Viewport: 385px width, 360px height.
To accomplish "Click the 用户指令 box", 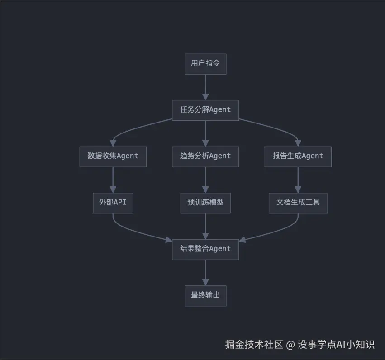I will click(205, 64).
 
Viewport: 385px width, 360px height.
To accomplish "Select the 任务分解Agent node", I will click(205, 110).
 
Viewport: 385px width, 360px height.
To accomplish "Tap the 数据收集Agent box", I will click(113, 156).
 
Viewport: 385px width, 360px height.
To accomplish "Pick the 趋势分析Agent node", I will click(205, 156).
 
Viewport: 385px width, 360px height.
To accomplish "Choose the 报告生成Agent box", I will click(298, 156).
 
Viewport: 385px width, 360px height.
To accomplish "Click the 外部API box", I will click(113, 203).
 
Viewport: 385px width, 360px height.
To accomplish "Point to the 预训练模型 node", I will click(205, 203).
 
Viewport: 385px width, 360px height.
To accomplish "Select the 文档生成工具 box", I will click(298, 203).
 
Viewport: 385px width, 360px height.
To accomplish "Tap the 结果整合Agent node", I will click(205, 249).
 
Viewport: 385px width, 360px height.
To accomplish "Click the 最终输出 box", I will click(205, 296).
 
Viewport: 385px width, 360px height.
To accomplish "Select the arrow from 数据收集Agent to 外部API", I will click(113, 180).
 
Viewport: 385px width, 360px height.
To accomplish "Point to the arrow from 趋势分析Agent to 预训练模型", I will click(205, 180).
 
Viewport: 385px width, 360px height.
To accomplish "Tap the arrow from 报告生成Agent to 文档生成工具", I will click(298, 180).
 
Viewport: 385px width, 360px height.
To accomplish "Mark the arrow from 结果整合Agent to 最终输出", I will click(205, 272).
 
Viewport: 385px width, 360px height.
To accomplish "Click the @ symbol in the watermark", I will click(290, 345).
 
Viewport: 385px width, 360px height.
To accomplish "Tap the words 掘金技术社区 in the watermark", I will click(254, 345).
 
